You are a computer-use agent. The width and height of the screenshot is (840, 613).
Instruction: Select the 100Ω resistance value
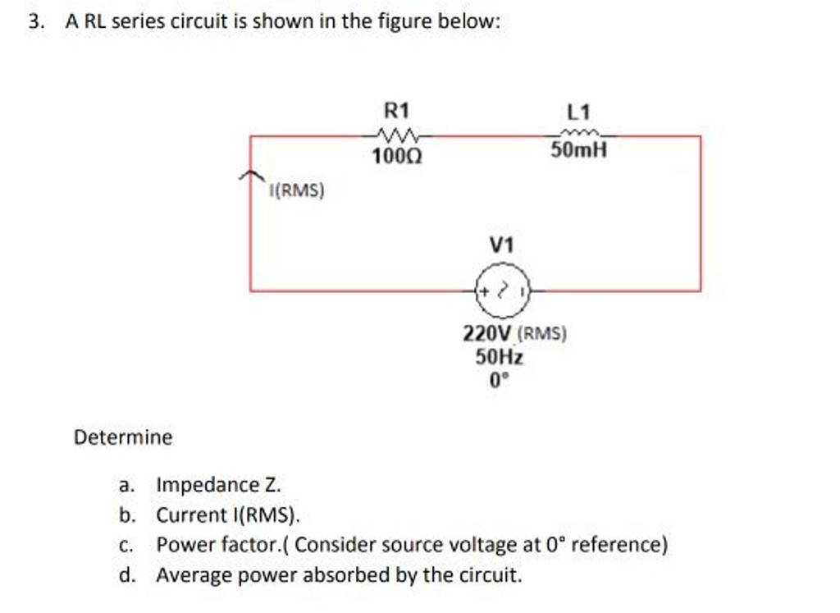[x=398, y=154]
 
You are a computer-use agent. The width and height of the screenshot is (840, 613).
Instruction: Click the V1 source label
[x=502, y=245]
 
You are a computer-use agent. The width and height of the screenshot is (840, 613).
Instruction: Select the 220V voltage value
[x=488, y=334]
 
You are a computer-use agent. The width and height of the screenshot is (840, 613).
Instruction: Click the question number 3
[x=34, y=23]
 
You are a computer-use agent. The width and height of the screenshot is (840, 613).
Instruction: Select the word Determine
[x=123, y=437]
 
